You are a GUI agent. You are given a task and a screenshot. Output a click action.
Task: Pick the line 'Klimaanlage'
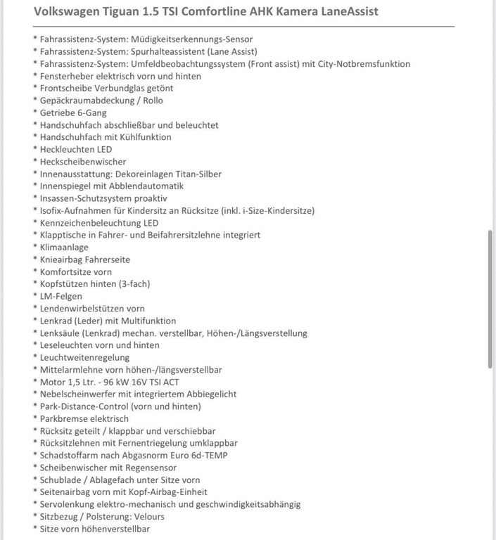point(64,247)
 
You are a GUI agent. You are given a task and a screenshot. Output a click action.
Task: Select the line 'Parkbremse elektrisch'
point(84,418)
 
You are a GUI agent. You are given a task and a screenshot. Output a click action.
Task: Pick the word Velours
point(148,516)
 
